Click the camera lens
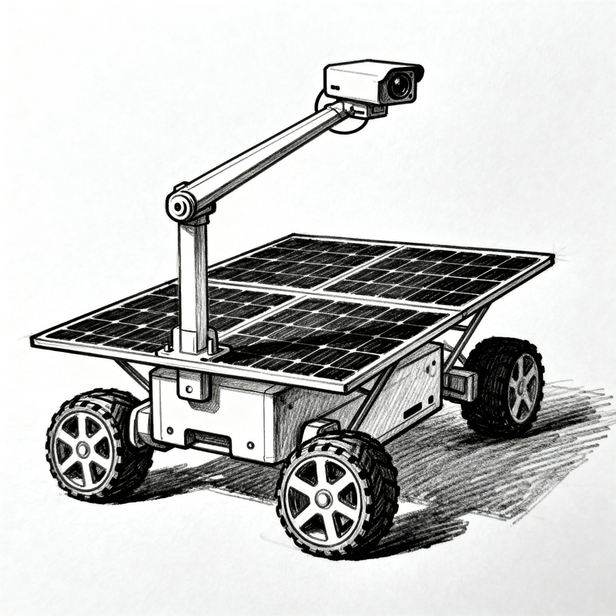coord(399,85)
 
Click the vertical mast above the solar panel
coord(193,277)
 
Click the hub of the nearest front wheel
coord(322,500)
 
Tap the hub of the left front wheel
coord(83,445)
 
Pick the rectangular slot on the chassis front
coord(208,440)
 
